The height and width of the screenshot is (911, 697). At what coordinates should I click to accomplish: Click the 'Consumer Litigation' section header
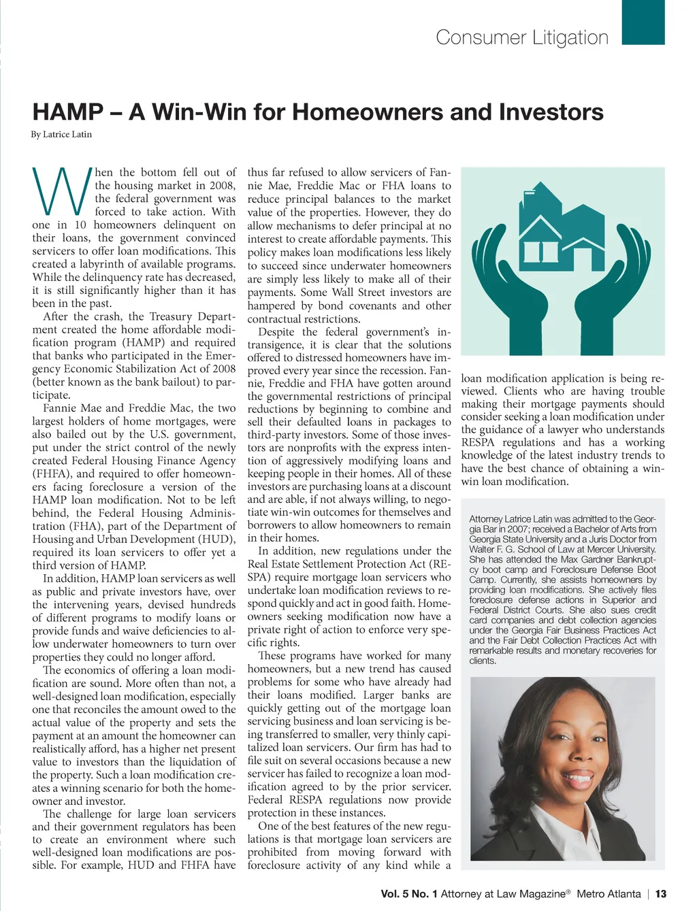522,37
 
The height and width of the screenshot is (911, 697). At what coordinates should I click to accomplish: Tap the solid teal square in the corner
643,22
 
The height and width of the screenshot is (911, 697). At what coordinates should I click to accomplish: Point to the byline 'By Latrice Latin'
61,135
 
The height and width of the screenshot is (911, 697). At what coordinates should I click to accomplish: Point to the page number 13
660,894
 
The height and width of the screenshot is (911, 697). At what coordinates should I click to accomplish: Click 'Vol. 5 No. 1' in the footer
408,894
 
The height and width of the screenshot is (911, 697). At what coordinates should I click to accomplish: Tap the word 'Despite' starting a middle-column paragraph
277,332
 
